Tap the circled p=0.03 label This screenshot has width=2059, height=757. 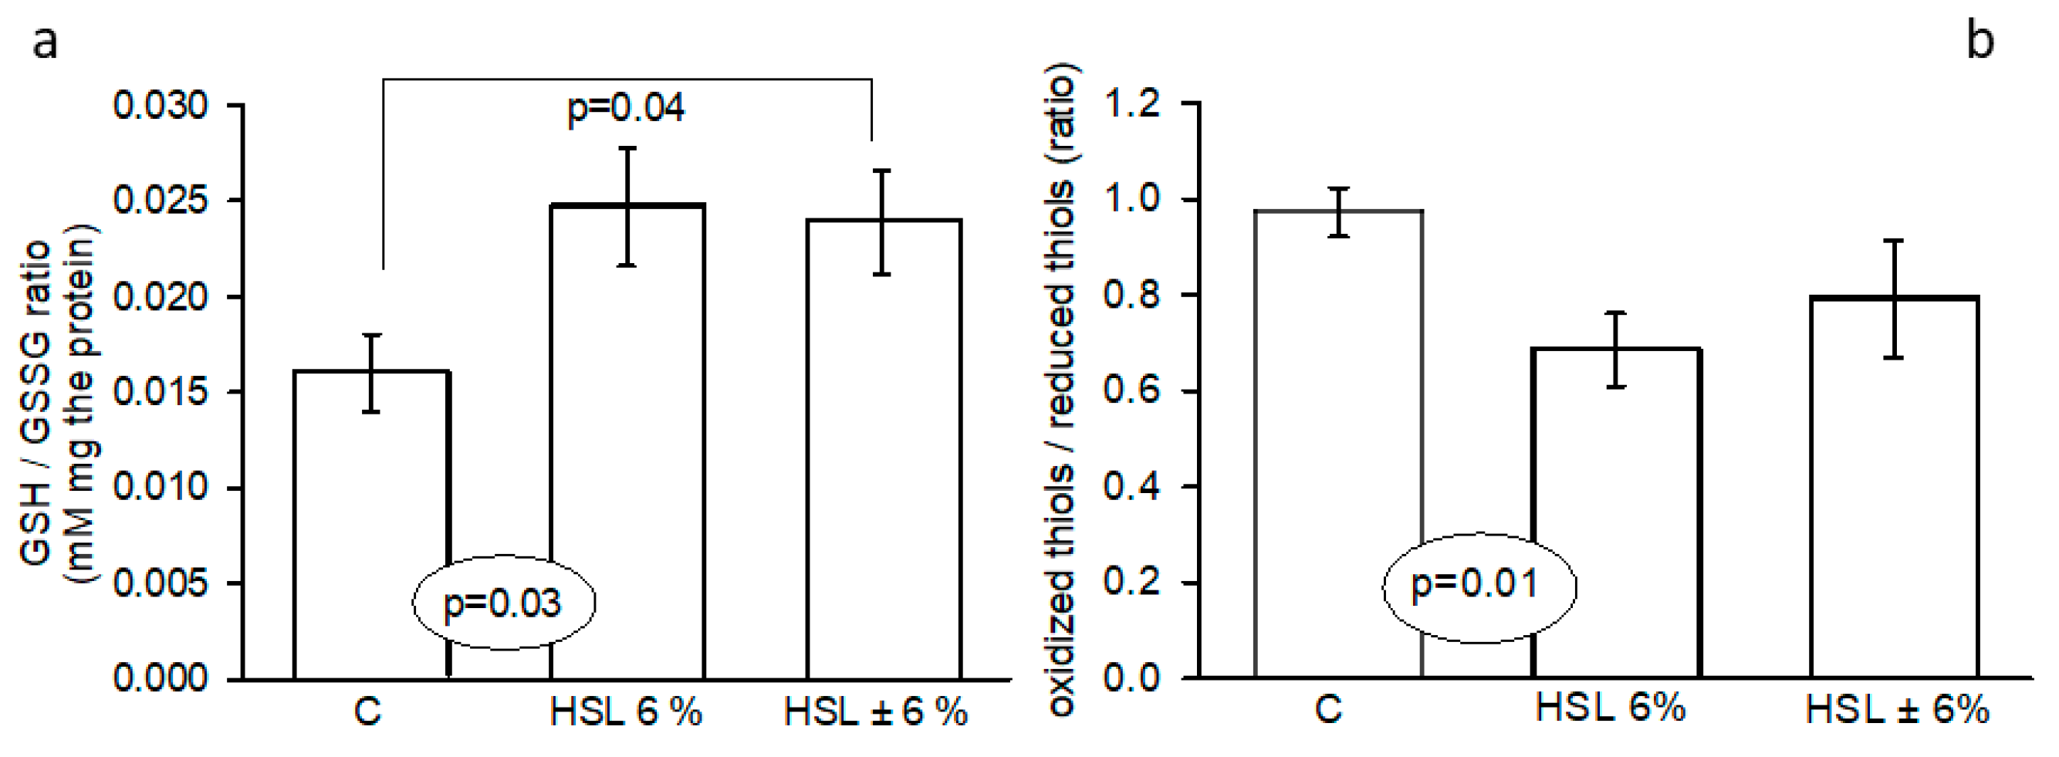pos(502,603)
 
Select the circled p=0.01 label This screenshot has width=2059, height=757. pos(1475,584)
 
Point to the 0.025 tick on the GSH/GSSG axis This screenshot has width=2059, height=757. pos(160,201)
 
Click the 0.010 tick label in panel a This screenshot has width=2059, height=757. pos(160,488)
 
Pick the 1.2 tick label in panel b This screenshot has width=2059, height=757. pos(1132,104)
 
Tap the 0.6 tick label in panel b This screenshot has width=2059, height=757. pos(1132,391)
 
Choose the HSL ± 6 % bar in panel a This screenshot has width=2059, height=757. pos(883,448)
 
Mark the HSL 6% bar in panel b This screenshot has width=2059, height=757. pos(1616,512)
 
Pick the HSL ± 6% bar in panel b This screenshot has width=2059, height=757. pos(1894,487)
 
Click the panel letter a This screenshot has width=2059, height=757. pos(45,42)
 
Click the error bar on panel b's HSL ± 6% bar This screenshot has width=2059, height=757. pos(1894,298)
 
